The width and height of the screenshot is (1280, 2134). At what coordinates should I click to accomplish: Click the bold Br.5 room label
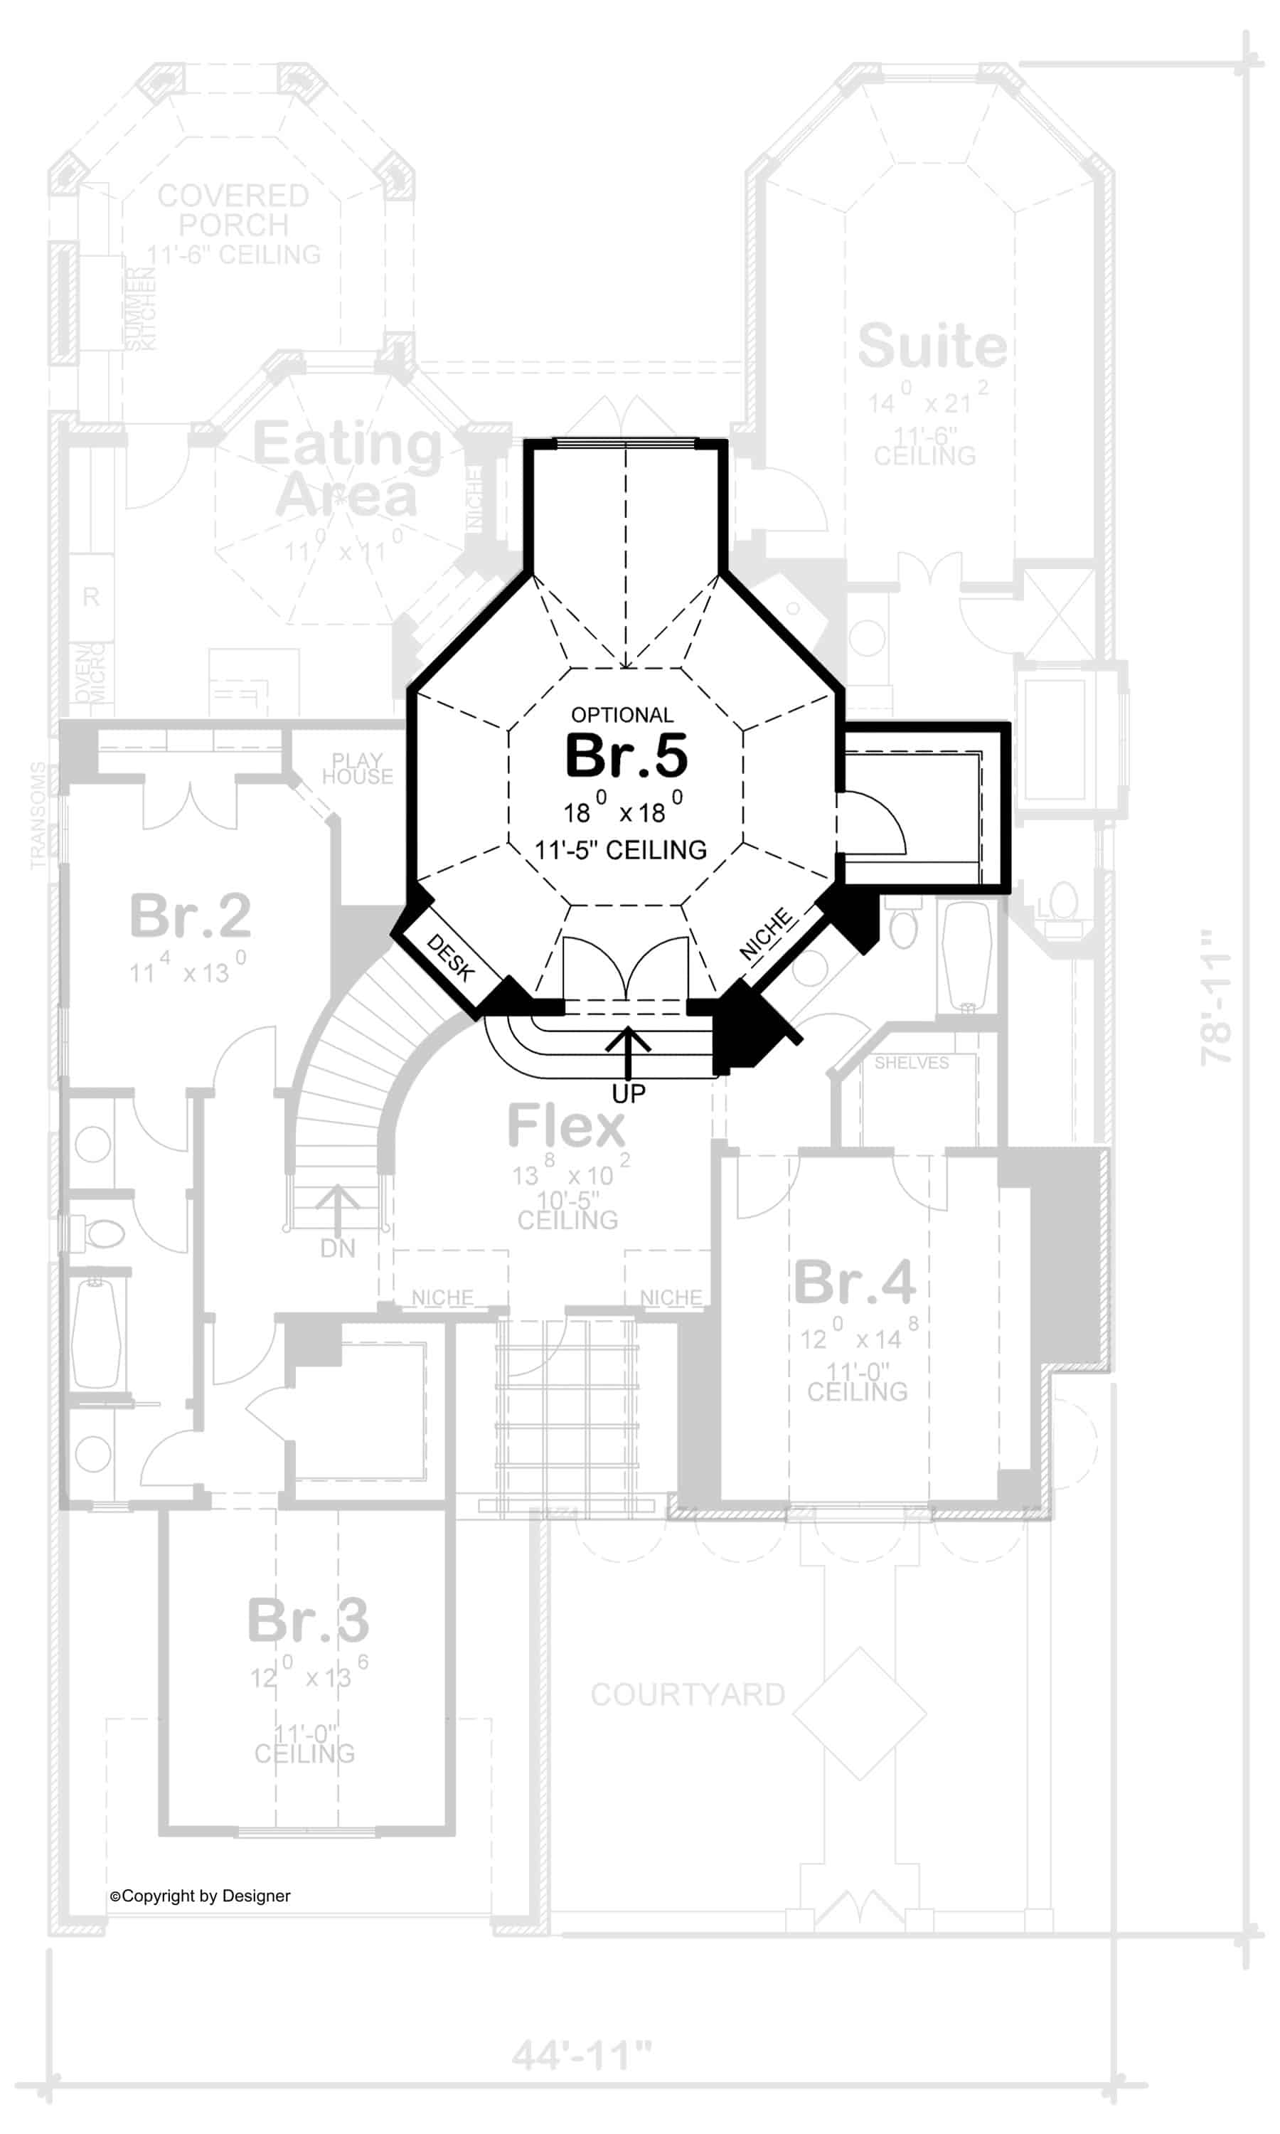click(626, 755)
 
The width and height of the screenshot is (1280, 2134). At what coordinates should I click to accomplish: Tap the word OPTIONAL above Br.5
click(622, 715)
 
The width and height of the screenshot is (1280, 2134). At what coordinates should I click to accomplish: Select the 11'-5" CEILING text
click(620, 851)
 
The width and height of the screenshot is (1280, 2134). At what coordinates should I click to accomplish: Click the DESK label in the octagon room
click(450, 958)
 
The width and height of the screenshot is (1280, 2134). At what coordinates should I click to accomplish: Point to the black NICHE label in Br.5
click(766, 933)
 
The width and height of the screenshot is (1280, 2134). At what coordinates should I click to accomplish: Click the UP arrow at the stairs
click(628, 1051)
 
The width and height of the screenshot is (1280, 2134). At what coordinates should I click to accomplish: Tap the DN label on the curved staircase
click(337, 1248)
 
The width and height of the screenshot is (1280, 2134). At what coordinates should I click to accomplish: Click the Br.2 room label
click(190, 916)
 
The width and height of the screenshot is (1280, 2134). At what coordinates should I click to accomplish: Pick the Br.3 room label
click(308, 1620)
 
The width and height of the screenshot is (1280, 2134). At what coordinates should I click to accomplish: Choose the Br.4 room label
click(854, 1283)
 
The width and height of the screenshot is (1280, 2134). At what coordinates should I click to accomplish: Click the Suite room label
click(932, 346)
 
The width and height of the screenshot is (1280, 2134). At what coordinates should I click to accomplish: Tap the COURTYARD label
click(688, 1694)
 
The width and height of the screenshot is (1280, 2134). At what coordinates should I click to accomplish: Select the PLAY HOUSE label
click(357, 768)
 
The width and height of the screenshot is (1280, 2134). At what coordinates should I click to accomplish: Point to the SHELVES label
click(911, 1063)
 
